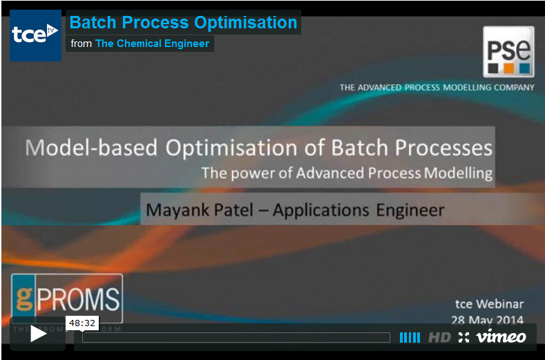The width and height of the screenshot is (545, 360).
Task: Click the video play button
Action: point(38,335)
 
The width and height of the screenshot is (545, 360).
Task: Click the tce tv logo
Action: point(35,35)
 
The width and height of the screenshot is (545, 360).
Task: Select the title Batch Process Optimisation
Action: point(183,22)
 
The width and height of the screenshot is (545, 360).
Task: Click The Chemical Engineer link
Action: point(152,44)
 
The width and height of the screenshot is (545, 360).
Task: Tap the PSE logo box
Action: point(508,51)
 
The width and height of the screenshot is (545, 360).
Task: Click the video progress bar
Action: point(236,337)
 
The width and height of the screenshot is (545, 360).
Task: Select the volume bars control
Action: point(410,337)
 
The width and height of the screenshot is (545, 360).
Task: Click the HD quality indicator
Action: point(439,337)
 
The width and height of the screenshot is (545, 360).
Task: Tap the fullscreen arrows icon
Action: point(463,337)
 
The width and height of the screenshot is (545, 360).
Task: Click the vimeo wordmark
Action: point(501,337)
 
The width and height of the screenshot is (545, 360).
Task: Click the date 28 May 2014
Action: point(487,320)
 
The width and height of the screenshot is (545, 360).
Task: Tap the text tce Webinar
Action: point(489,304)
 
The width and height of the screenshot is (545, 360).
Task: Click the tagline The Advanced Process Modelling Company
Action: point(437,88)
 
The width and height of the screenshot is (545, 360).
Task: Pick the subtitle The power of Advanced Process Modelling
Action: point(347,173)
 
